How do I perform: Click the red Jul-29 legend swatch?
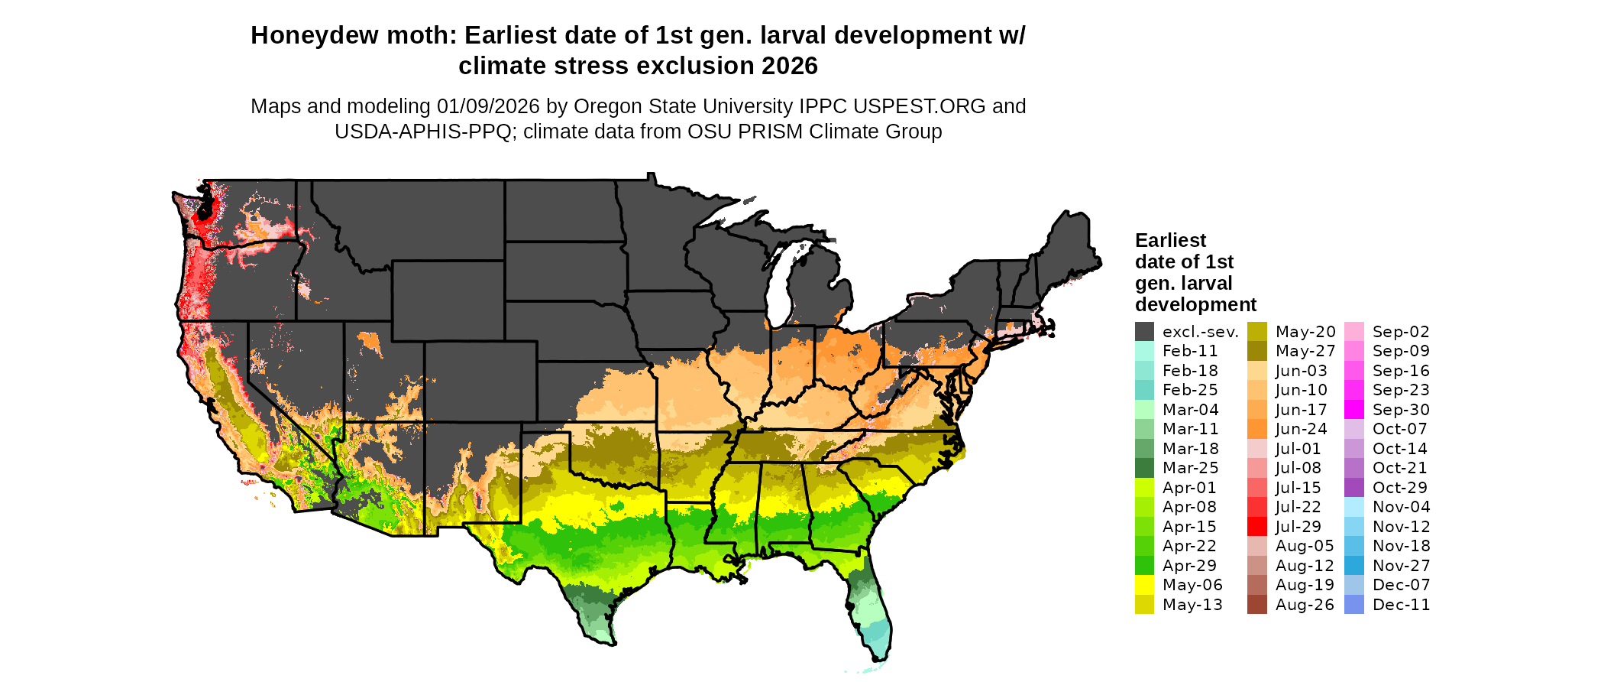(1256, 526)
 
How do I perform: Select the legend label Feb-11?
(1190, 351)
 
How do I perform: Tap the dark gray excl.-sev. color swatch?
(1144, 331)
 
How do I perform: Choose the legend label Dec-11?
(1401, 605)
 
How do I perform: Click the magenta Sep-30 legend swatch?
(1353, 409)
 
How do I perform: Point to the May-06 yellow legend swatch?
(1144, 585)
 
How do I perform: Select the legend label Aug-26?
(1305, 605)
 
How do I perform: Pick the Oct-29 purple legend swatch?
(1353, 487)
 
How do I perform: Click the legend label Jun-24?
(1302, 429)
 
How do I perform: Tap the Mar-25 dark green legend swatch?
(1144, 468)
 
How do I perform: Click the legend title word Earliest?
(1170, 241)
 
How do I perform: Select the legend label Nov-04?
(1401, 507)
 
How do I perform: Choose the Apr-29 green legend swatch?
(1144, 565)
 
